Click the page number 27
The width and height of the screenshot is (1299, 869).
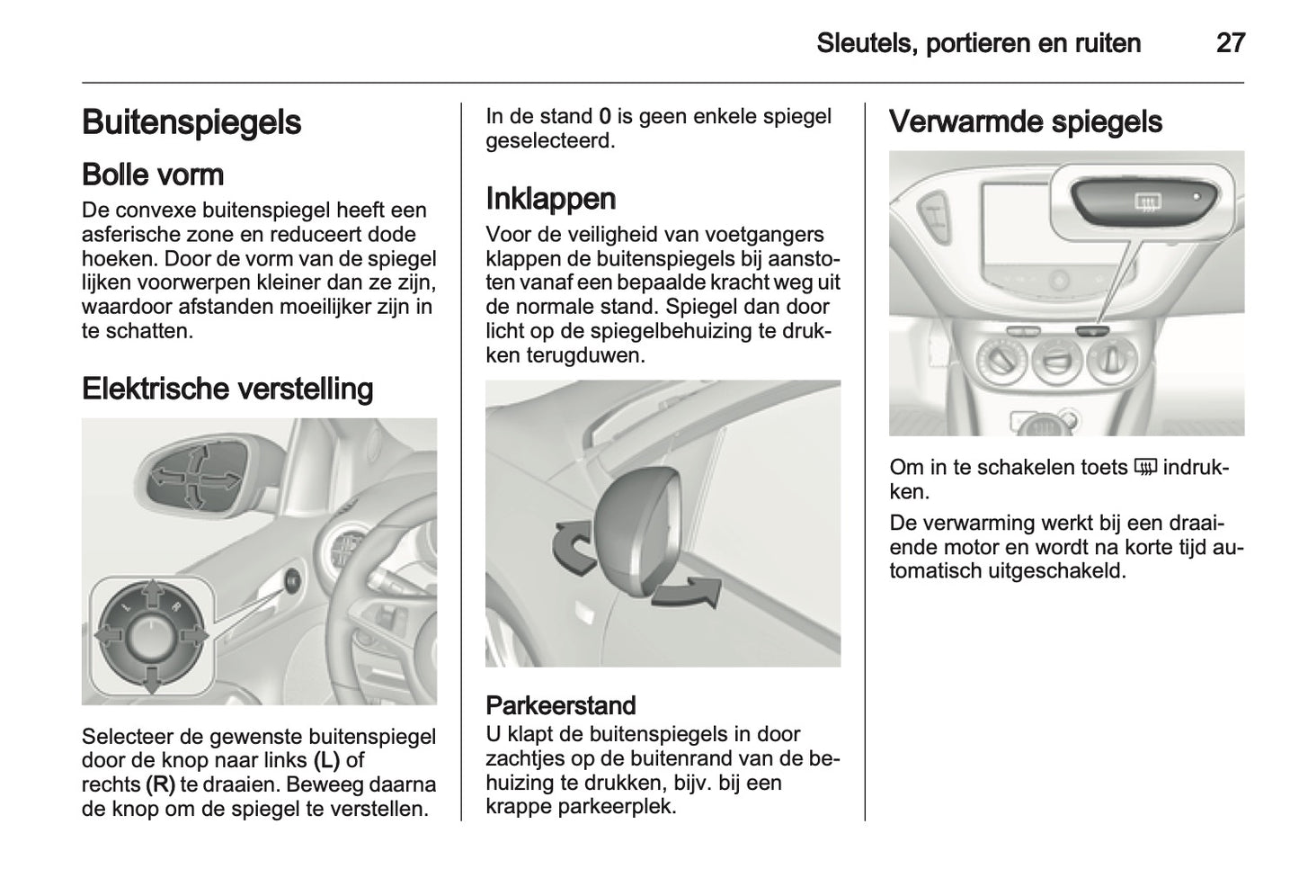(1230, 43)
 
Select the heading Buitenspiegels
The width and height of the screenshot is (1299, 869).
(191, 122)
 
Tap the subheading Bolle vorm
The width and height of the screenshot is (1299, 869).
(152, 174)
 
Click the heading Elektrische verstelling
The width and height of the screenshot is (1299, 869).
(227, 389)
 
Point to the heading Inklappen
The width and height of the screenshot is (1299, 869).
(550, 198)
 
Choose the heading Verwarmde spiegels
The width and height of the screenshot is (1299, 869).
(1025, 122)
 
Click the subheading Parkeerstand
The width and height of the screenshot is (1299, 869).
(560, 705)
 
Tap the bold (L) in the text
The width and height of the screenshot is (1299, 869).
(326, 760)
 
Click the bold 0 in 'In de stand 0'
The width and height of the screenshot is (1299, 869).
(605, 117)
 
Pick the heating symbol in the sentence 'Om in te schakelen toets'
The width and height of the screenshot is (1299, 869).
(1144, 468)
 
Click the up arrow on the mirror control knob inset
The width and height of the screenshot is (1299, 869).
(152, 593)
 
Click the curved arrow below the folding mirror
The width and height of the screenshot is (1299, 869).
(687, 595)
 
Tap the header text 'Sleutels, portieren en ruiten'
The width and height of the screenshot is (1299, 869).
(978, 43)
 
